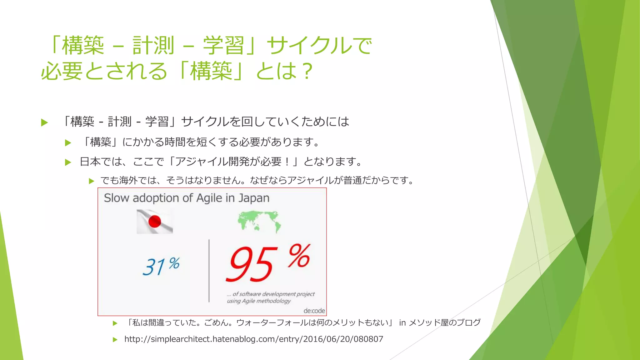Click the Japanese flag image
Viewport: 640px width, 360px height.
tap(155, 222)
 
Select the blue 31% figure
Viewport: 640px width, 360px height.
tap(161, 266)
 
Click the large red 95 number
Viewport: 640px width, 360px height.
tap(252, 263)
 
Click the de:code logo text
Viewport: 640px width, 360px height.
tap(314, 311)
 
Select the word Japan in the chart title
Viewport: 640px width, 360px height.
tap(254, 198)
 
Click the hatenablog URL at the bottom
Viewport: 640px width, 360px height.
tap(253, 339)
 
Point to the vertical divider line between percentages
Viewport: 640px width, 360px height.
tap(209, 271)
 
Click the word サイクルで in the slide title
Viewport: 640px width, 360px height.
tap(319, 46)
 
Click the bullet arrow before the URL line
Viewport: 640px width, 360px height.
tap(115, 340)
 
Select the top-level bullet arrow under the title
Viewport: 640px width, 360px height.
tap(44, 122)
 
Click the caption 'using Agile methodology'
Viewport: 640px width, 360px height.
tap(259, 301)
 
